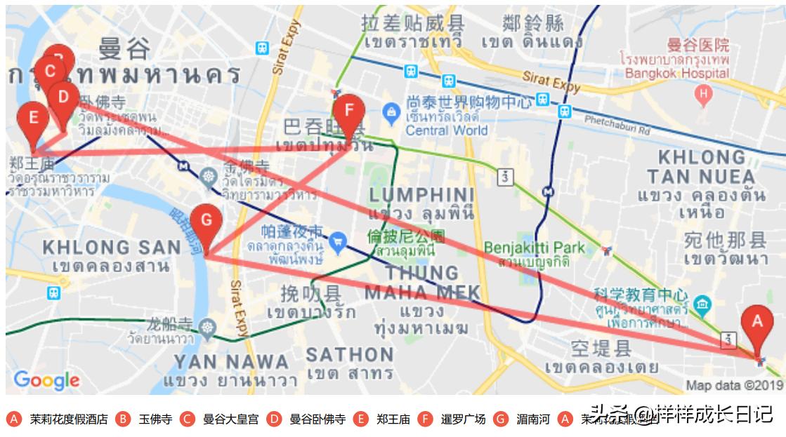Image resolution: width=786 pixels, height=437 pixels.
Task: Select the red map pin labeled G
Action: click(206, 221)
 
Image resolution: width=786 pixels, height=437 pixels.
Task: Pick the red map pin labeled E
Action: click(32, 119)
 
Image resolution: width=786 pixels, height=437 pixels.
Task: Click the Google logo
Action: click(46, 380)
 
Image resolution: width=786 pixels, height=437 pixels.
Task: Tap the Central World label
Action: click(446, 130)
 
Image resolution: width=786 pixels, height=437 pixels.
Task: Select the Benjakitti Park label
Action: click(534, 248)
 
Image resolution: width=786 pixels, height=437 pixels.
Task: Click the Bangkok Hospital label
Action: click(676, 73)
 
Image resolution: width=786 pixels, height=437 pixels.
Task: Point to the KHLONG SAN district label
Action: click(112, 247)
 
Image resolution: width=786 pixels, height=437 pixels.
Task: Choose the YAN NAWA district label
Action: click(231, 362)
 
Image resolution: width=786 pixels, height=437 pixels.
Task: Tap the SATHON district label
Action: click(350, 354)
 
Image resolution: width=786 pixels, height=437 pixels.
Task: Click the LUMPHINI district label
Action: click(421, 194)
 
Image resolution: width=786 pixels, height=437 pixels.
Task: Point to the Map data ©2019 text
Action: click(734, 385)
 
